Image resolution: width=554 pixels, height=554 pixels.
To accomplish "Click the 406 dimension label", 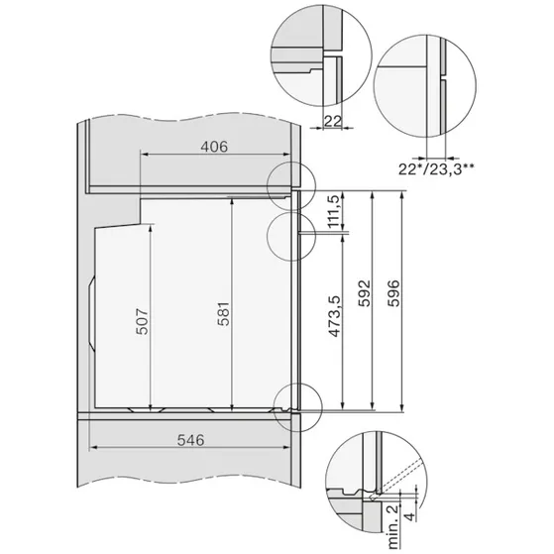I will (214, 147).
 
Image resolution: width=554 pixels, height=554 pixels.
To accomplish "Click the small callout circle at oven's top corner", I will (289, 184).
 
